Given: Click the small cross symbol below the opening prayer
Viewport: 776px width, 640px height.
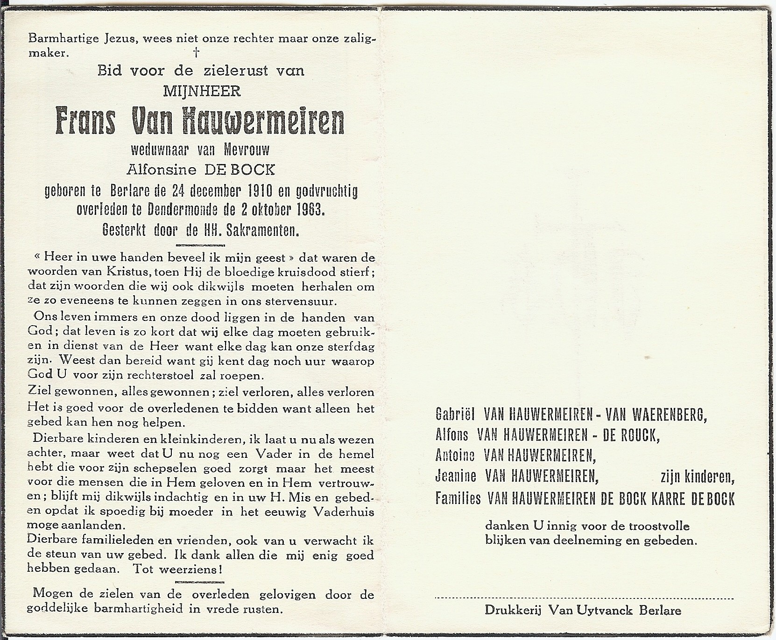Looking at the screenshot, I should tap(197, 53).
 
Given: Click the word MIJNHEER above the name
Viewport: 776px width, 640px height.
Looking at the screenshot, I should tap(202, 92).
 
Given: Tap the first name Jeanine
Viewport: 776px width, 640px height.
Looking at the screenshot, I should tap(456, 476).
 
